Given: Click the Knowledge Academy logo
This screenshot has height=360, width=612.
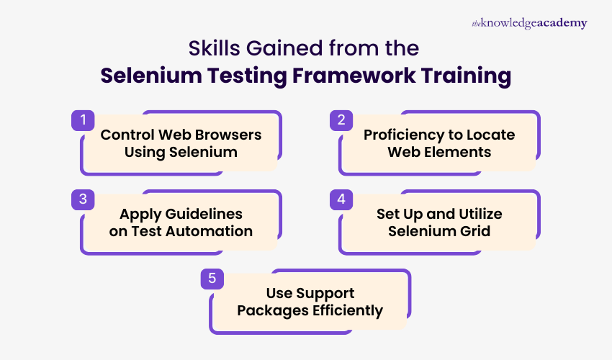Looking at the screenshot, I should (x=529, y=23).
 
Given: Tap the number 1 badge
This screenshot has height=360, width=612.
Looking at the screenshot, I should (x=83, y=120).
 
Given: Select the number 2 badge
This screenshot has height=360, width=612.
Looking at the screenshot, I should (x=341, y=120).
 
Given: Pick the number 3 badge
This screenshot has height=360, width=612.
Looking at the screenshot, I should (x=83, y=199).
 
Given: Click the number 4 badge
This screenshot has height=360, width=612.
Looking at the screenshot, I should (x=341, y=199).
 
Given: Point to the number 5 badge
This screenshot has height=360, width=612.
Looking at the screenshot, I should (x=212, y=279).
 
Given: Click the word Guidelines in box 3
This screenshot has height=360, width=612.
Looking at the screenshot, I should (x=201, y=214).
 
